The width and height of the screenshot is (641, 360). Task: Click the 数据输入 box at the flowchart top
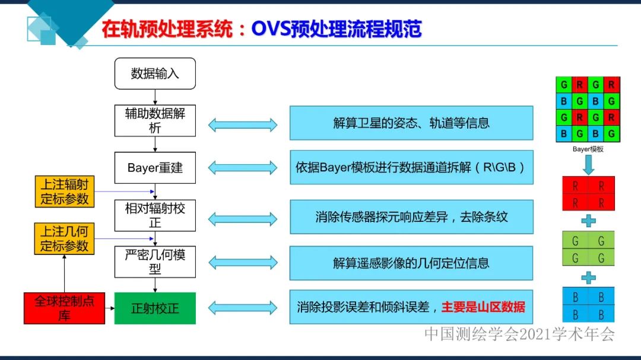(155, 74)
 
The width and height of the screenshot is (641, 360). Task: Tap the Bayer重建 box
(155, 167)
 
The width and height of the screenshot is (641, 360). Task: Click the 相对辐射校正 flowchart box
(155, 215)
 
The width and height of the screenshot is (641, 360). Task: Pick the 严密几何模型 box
(155, 262)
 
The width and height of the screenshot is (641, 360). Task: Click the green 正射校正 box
(155, 308)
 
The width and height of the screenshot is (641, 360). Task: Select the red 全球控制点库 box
(64, 308)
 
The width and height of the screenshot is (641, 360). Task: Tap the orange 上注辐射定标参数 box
(65, 192)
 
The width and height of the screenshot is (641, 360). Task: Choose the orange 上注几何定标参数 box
(65, 238)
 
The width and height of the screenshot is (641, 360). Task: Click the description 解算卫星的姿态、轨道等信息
(411, 123)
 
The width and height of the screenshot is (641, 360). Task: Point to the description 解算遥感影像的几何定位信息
(411, 263)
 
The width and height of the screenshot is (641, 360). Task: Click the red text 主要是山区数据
(483, 307)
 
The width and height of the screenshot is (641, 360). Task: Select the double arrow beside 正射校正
(243, 308)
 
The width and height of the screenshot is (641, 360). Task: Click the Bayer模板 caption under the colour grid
(588, 149)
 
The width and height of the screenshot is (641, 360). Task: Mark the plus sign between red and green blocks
(588, 221)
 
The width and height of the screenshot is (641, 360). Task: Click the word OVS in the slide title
(271, 30)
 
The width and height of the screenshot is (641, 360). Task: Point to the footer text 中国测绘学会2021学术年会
(519, 334)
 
